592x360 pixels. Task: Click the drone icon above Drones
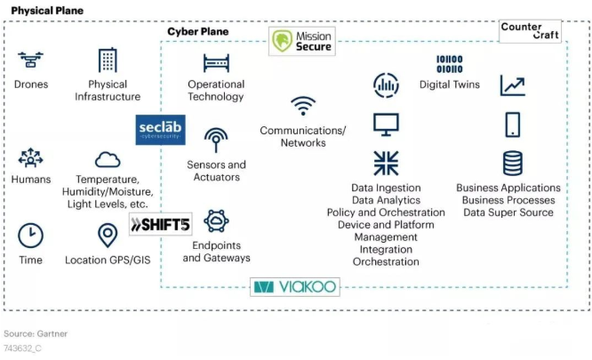tap(31, 60)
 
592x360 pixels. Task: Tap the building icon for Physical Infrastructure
tap(108, 60)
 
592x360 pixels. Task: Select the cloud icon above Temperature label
tap(108, 159)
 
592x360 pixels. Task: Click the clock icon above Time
tap(30, 235)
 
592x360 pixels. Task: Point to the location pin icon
tap(108, 236)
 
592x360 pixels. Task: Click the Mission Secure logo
tap(303, 41)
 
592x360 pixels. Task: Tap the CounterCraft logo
tap(531, 31)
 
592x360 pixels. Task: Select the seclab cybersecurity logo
tap(161, 131)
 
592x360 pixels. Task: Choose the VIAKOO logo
tap(295, 286)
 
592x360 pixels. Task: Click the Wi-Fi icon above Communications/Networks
tap(303, 107)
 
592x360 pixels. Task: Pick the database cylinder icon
tap(512, 164)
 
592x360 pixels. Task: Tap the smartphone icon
tap(512, 124)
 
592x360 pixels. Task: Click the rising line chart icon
tap(512, 85)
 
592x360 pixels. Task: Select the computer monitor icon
tap(386, 124)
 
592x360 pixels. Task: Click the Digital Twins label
tap(449, 85)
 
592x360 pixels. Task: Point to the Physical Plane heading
tap(47, 10)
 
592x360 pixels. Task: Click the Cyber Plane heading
tap(197, 31)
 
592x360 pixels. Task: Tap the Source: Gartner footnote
tap(36, 333)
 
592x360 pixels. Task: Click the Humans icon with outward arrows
tap(30, 159)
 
